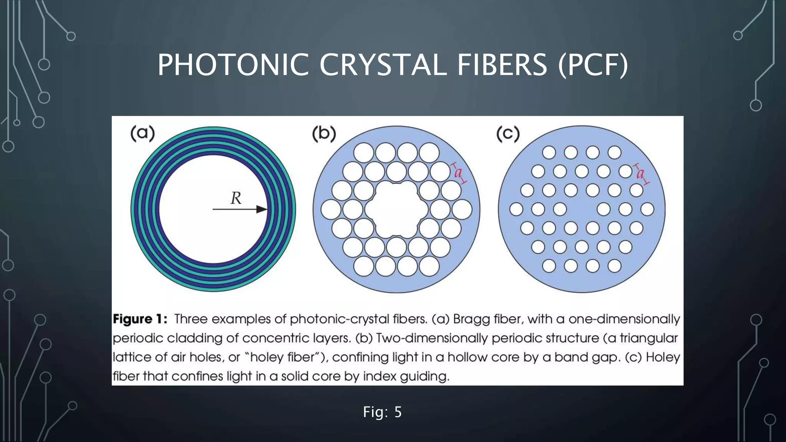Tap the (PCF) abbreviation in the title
tap(593, 65)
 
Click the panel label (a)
tap(142, 133)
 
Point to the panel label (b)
tap(324, 134)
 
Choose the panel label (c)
tap(508, 134)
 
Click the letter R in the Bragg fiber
tap(236, 198)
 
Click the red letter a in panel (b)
tap(458, 173)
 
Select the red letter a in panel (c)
tap(640, 174)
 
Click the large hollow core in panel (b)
tap(396, 209)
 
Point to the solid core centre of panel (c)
tap(582, 209)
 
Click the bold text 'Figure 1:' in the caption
tap(140, 319)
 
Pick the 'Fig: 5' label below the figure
tap(382, 412)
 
